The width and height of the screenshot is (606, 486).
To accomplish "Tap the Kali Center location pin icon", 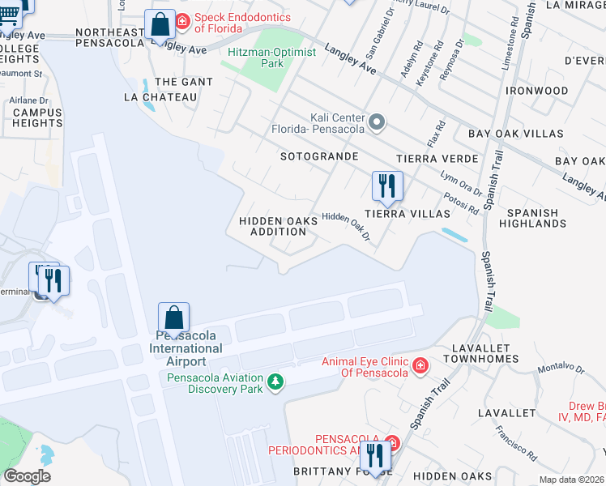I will click(x=377, y=123).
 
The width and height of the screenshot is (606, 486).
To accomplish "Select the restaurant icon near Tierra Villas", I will click(x=387, y=185).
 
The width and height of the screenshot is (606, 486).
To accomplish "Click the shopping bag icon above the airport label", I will click(x=173, y=318).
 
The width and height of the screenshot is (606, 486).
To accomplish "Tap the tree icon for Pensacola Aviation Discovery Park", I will click(x=276, y=382).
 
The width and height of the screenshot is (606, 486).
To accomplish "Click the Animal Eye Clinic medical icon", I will click(x=420, y=366).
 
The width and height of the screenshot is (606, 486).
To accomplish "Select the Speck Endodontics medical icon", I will click(x=183, y=20).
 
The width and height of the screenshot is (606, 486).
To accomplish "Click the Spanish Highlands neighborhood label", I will click(x=532, y=218).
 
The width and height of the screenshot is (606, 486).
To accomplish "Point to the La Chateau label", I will click(x=160, y=97).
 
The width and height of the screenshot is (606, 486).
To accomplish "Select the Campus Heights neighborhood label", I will click(x=36, y=117).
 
